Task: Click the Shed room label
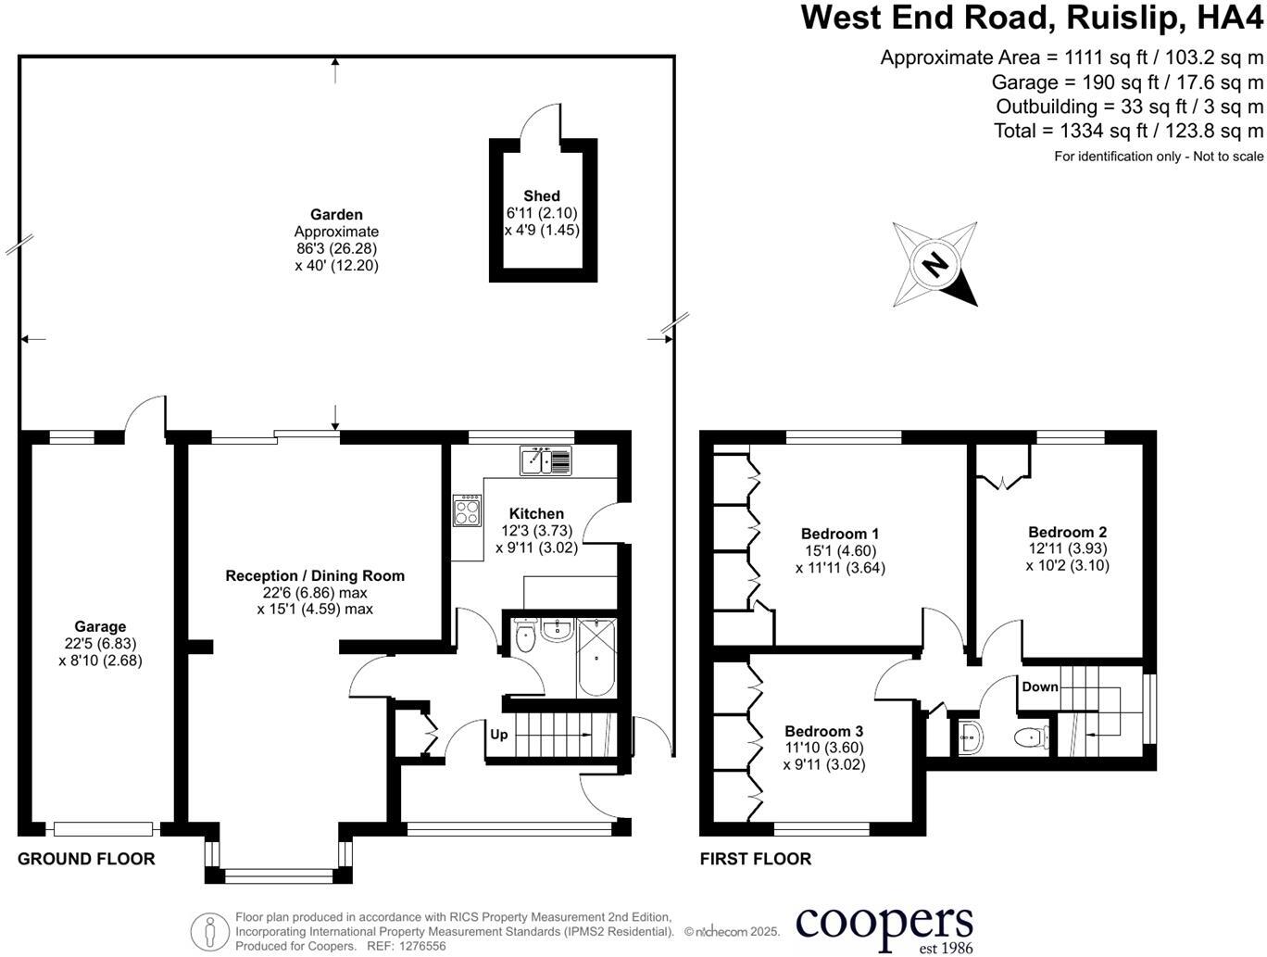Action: [542, 195]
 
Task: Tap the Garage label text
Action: [100, 627]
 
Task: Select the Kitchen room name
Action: [536, 513]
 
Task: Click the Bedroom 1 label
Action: [840, 534]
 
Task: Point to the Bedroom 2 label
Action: [1067, 532]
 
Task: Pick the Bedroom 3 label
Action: [823, 731]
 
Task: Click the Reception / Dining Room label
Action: [315, 575]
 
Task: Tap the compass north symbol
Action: [935, 265]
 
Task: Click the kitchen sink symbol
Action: [546, 460]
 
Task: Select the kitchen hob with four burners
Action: [467, 510]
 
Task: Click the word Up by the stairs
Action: [499, 735]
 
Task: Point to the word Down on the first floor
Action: [1040, 686]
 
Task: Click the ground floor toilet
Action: [524, 637]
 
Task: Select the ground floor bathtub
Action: [596, 659]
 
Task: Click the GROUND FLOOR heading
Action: [86, 859]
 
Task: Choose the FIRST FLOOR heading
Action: [756, 859]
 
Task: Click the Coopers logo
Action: [884, 926]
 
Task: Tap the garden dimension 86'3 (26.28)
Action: [336, 248]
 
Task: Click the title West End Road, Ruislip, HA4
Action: [1032, 18]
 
